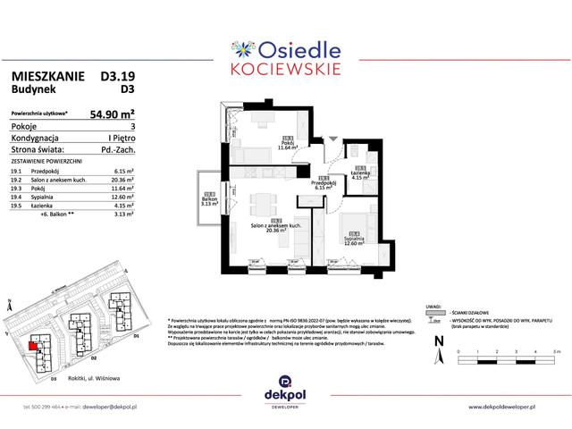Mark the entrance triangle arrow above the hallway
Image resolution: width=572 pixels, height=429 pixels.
pos(332,139)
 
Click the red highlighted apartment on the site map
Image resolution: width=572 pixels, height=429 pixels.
pos(33,345)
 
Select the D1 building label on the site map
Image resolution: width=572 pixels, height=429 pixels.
pos(137,336)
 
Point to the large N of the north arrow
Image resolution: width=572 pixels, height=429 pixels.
pos(437,341)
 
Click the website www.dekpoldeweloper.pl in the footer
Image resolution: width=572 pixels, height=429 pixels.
pos(516,408)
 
